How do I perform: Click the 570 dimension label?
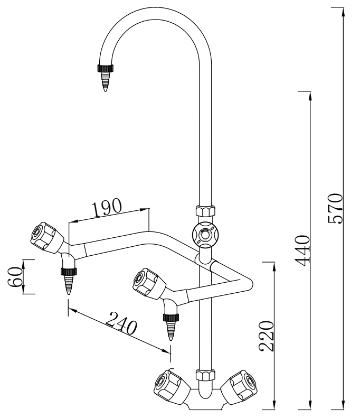[x=335, y=209]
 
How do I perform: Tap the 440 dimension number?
[x=303, y=251]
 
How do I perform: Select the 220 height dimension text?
[x=266, y=336]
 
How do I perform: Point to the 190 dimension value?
[x=107, y=207]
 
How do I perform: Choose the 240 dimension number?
[x=121, y=323]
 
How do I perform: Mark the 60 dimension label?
[x=15, y=277]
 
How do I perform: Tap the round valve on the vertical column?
[x=205, y=235]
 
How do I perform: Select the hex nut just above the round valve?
[x=205, y=211]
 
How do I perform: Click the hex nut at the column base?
[x=205, y=375]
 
